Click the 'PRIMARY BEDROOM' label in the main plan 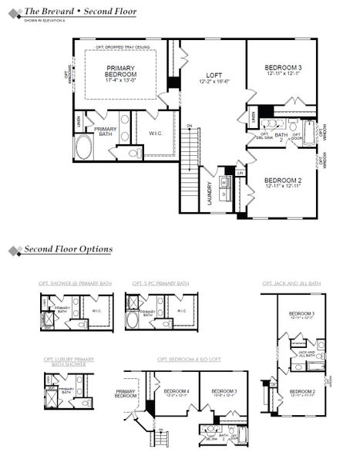121,71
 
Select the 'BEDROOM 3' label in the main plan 282,68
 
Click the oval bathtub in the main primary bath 83,147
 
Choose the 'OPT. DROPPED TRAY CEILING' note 121,48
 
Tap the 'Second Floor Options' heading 68,249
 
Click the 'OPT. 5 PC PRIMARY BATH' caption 160,283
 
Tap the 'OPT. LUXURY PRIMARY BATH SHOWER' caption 69,360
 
